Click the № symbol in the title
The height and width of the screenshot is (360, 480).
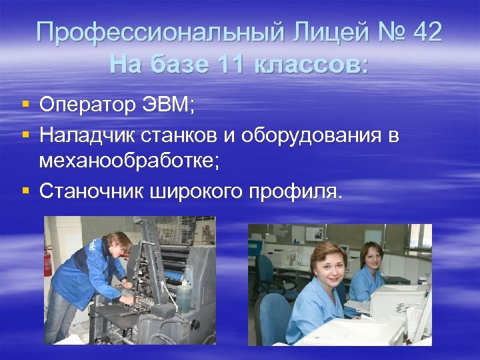pos(383,32)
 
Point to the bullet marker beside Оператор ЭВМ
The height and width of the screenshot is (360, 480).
pos(25,104)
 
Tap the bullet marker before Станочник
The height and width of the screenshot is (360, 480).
pos(25,192)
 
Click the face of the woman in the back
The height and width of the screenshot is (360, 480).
pos(371,255)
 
